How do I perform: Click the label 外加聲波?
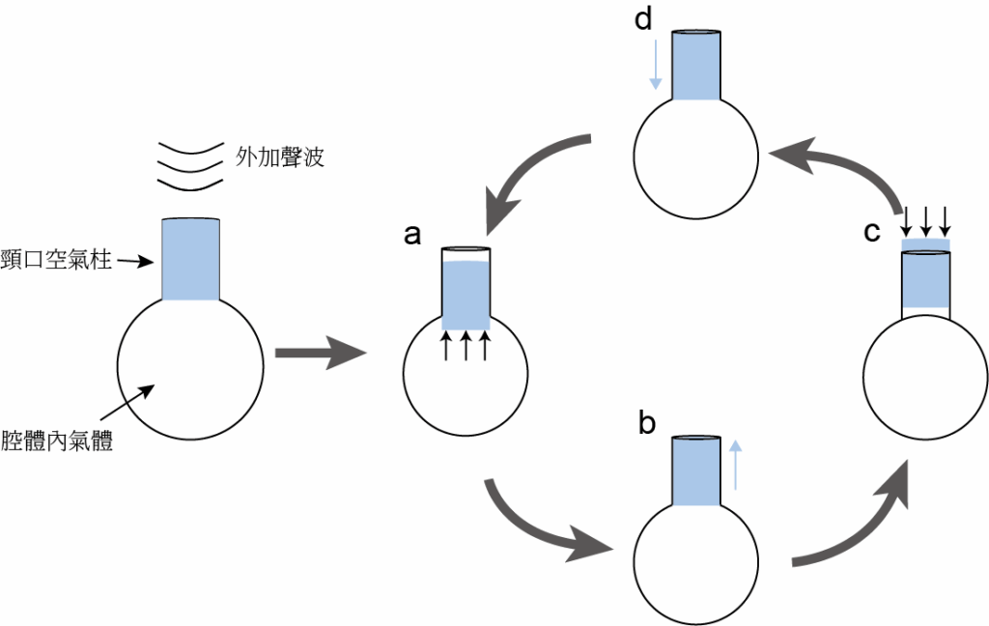click(280, 156)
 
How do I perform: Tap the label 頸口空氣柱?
click(56, 259)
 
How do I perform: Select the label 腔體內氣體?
click(57, 441)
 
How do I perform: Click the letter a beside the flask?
click(411, 235)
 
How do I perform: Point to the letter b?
click(646, 422)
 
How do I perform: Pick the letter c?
click(872, 232)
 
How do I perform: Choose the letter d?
click(642, 19)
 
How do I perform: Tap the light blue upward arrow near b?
click(735, 465)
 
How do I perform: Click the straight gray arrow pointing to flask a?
click(321, 353)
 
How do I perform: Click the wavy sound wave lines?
click(190, 166)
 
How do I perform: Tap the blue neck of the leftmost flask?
click(190, 259)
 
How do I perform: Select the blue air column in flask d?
click(695, 66)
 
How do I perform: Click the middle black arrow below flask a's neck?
click(466, 347)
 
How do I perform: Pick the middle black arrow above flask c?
click(925, 219)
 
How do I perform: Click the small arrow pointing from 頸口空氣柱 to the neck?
click(135, 261)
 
